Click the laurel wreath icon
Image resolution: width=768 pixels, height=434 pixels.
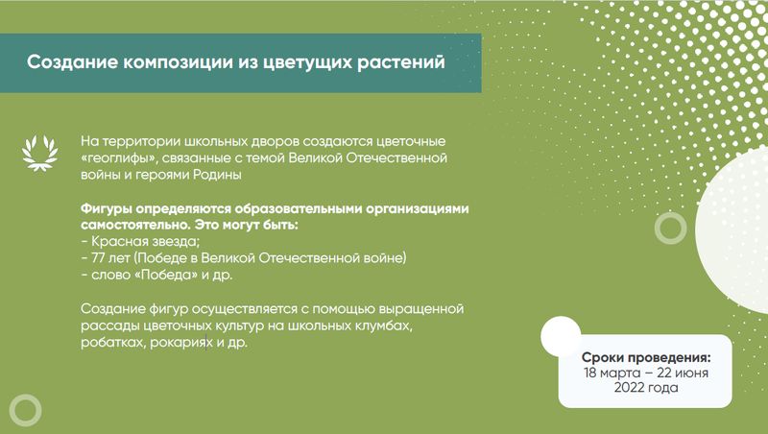39,153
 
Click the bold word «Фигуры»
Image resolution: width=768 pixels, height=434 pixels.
107,209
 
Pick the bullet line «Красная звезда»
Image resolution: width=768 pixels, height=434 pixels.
140,242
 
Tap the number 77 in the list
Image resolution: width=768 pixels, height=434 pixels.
99,257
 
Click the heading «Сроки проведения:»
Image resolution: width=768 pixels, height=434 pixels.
646,357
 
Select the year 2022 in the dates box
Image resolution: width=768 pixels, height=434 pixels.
629,388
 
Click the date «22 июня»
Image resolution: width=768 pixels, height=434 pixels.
683,373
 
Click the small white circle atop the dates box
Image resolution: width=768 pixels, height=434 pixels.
561,336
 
